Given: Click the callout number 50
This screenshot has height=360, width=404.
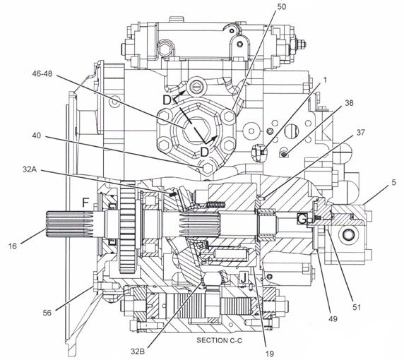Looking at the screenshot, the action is tap(281, 7).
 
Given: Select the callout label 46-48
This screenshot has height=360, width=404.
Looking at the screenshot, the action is tap(42, 74).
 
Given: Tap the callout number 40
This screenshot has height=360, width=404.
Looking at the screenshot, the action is tap(37, 136).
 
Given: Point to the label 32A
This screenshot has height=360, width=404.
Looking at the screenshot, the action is tap(30, 169).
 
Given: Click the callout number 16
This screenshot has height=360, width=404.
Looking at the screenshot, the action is tap(13, 246).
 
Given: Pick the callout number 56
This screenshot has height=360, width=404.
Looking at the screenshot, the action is tap(47, 313).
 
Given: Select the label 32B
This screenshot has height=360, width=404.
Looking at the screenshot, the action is tap(137, 352).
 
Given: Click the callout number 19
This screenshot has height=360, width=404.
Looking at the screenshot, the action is tap(270, 354).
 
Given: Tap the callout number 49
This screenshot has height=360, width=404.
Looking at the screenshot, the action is tap(333, 319).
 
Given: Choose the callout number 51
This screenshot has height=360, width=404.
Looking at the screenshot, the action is tap(357, 307).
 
